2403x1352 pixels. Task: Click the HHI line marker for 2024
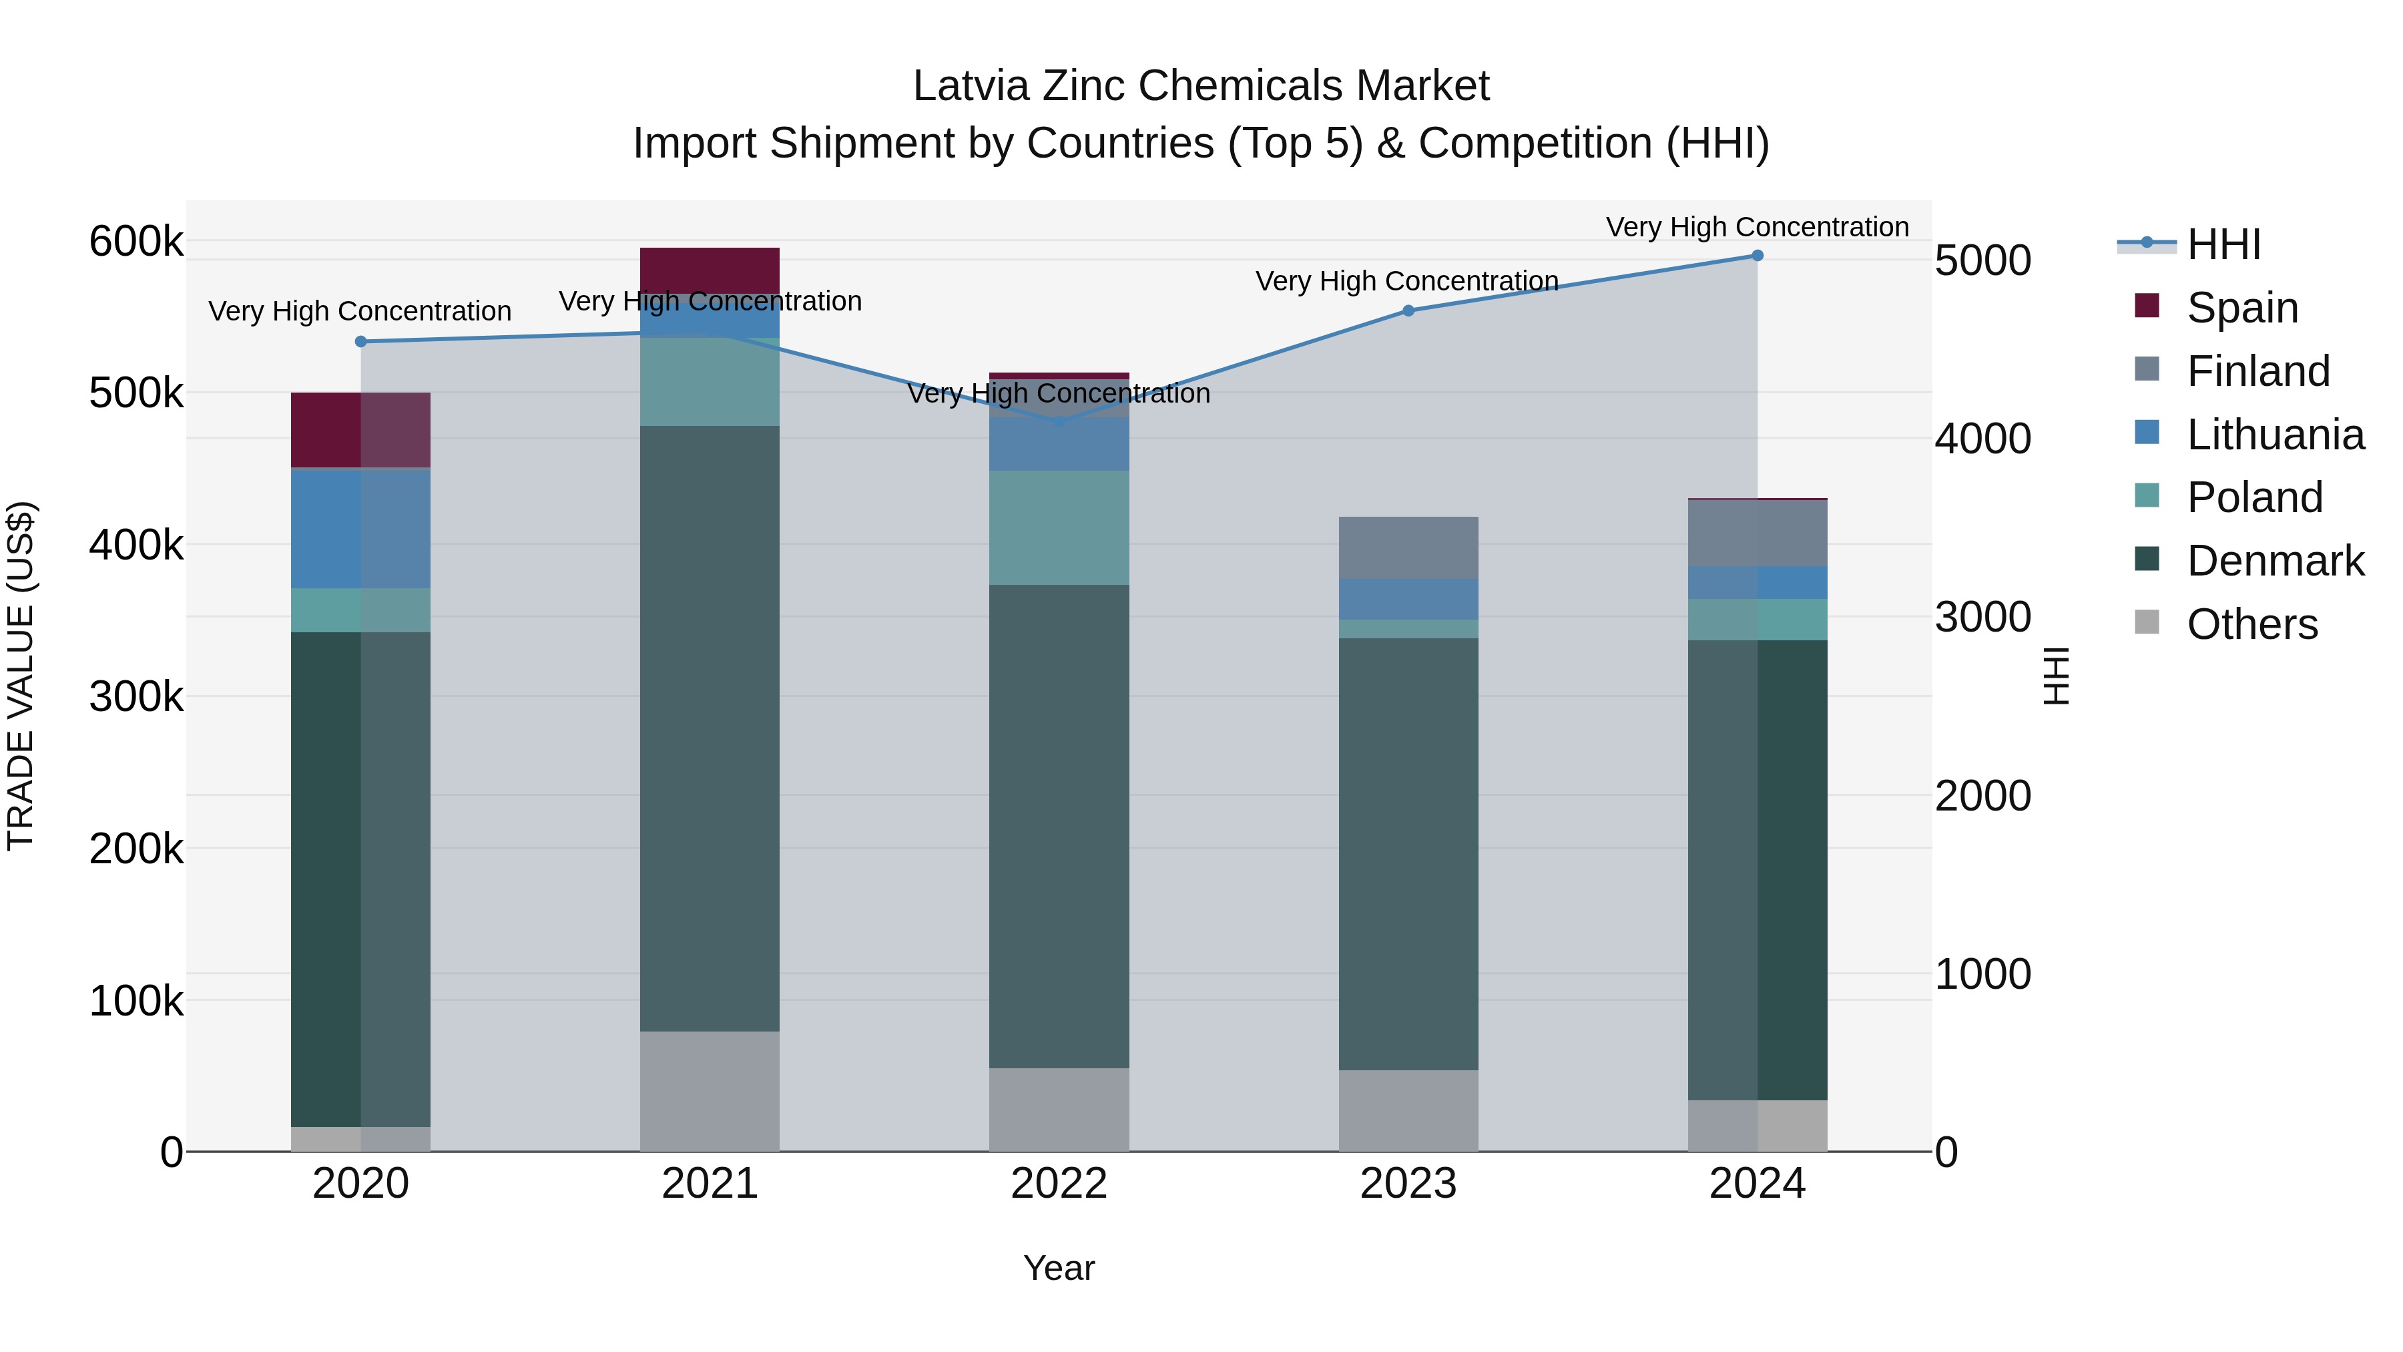tap(1757, 256)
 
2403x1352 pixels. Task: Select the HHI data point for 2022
tap(1059, 423)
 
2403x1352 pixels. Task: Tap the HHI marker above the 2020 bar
tap(361, 341)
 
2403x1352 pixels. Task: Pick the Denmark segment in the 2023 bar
tap(1408, 854)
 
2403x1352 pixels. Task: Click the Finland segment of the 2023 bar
tap(1408, 547)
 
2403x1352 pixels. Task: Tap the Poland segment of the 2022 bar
tap(1059, 527)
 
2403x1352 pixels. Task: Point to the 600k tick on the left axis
tap(136, 242)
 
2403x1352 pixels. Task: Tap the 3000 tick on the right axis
tap(1982, 617)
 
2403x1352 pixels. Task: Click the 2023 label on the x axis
tap(1408, 1184)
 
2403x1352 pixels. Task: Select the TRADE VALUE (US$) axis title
tap(21, 676)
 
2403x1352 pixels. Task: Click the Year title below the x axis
tap(1059, 1268)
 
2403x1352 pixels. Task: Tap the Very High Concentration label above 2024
tap(1757, 227)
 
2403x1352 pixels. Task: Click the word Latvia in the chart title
tap(971, 86)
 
